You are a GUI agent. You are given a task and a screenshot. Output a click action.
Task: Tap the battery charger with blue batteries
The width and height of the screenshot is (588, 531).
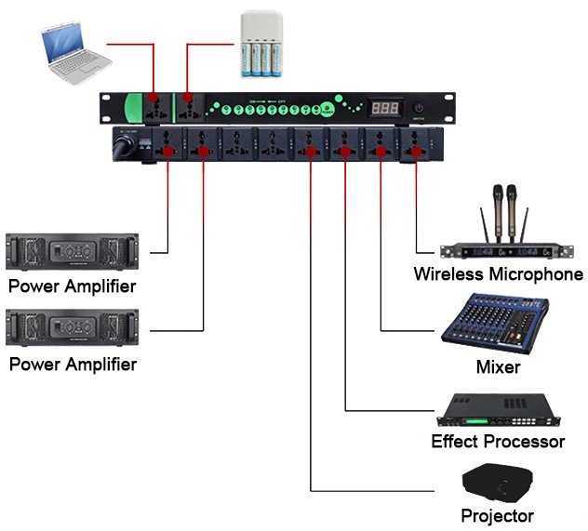[263, 46]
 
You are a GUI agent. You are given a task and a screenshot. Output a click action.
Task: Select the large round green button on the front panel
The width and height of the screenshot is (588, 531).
[330, 108]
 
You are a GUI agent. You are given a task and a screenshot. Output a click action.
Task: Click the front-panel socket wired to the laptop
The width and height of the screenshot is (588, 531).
[151, 108]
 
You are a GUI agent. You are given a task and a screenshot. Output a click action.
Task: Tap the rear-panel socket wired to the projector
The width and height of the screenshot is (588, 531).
[309, 145]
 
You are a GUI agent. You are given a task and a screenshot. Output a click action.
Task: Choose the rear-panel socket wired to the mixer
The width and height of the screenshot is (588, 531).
[380, 145]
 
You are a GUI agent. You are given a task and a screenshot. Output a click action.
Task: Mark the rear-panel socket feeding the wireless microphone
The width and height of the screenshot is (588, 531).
[415, 145]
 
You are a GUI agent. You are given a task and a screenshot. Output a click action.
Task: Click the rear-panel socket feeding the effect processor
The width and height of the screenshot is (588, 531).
[344, 145]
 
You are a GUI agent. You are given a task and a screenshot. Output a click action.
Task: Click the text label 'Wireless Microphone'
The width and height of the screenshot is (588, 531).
[498, 274]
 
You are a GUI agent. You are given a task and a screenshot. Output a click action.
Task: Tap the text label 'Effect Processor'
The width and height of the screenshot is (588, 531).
[498, 442]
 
